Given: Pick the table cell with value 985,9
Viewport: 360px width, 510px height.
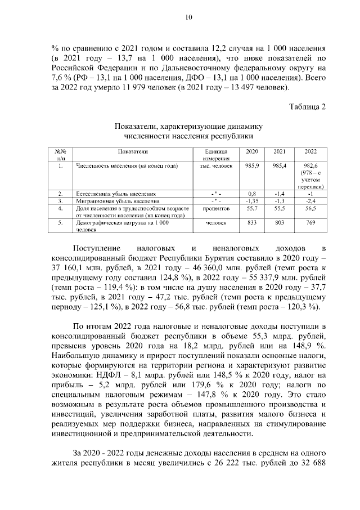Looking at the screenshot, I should click(251, 166).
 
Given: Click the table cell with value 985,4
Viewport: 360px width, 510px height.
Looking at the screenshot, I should click(280, 166).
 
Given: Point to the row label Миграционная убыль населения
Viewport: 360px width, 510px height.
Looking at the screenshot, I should click(114, 200).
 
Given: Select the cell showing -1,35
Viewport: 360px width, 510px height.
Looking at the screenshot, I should click(251, 200).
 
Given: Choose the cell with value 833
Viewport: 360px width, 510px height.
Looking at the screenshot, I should click(251, 223).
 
